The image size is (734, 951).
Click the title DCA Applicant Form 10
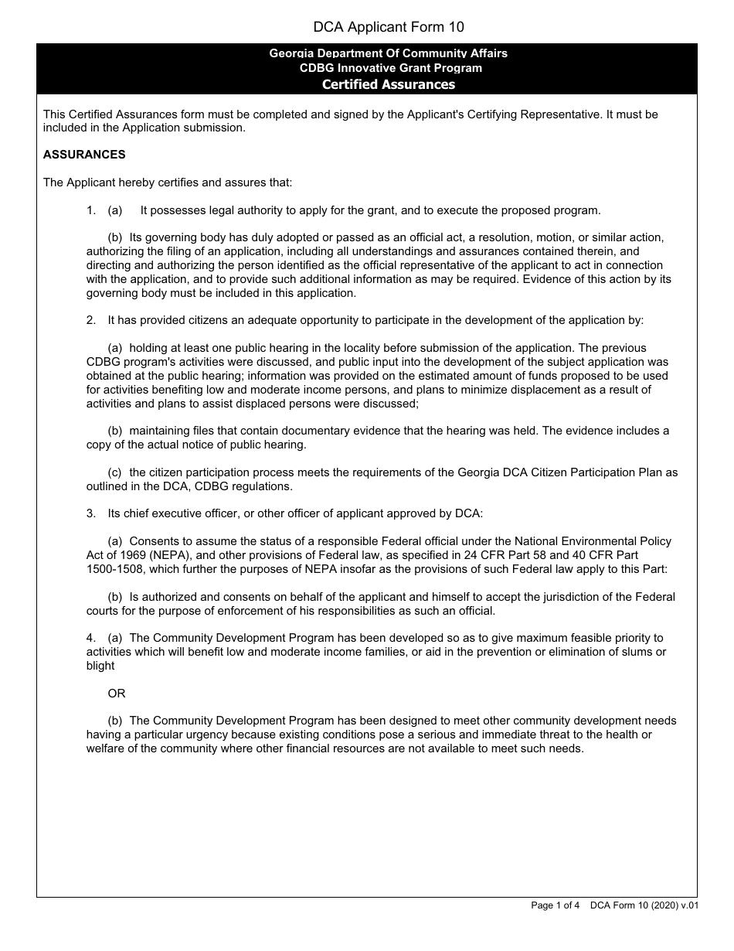click(389, 27)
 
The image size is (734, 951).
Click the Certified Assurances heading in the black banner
click(388, 84)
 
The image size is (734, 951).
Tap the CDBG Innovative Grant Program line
click(391, 68)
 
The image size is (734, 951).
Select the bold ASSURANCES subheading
click(84, 155)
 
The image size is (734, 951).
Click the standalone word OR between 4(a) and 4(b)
click(117, 694)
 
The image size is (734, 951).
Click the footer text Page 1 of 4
click(555, 905)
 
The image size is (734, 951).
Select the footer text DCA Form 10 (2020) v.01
click(644, 905)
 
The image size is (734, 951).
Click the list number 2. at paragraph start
click(91, 320)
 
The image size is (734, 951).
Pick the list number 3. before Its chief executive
click(91, 513)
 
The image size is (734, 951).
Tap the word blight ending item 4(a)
click(100, 666)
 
